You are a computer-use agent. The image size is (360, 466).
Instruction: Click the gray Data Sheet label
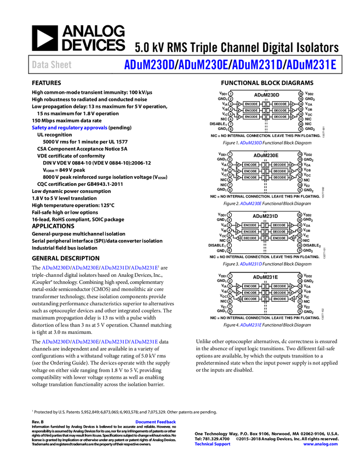pyautogui.click(x=52, y=65)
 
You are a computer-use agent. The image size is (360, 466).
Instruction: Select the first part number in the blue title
pyautogui.click(x=148, y=65)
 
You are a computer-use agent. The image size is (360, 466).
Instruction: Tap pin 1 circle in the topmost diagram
pyautogui.click(x=231, y=94)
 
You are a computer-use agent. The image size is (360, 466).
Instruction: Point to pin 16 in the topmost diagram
pyautogui.click(x=301, y=94)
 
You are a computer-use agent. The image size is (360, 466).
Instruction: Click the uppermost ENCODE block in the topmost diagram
pyautogui.click(x=251, y=104)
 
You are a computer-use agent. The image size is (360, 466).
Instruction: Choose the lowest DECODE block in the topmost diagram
pyautogui.click(x=281, y=117)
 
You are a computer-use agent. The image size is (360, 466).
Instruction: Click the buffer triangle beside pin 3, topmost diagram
pyautogui.click(x=239, y=104)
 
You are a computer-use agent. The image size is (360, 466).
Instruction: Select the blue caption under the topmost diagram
pyautogui.click(x=251, y=143)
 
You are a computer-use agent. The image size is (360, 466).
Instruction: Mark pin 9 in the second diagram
pyautogui.click(x=300, y=190)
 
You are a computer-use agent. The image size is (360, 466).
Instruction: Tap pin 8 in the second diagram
pyautogui.click(x=230, y=190)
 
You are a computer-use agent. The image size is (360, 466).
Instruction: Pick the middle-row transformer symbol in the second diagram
pyautogui.click(x=265, y=171)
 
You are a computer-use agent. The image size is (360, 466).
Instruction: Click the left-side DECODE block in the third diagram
pyautogui.click(x=250, y=238)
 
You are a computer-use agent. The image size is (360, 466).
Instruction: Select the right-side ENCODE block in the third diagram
pyautogui.click(x=279, y=238)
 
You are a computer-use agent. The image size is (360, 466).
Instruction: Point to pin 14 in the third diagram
pyautogui.click(x=300, y=225)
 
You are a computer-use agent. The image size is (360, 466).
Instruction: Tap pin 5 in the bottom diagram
pyautogui.click(x=230, y=296)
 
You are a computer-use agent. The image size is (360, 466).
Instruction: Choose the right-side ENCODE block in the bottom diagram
pyautogui.click(x=279, y=299)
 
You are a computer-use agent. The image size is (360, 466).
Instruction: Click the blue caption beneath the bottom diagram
pyautogui.click(x=251, y=325)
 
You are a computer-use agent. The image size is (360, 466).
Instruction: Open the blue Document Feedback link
pyautogui.click(x=156, y=422)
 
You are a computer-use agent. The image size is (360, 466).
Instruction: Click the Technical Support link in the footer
pyautogui.click(x=213, y=444)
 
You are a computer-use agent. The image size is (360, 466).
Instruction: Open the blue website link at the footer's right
pyautogui.click(x=321, y=444)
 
